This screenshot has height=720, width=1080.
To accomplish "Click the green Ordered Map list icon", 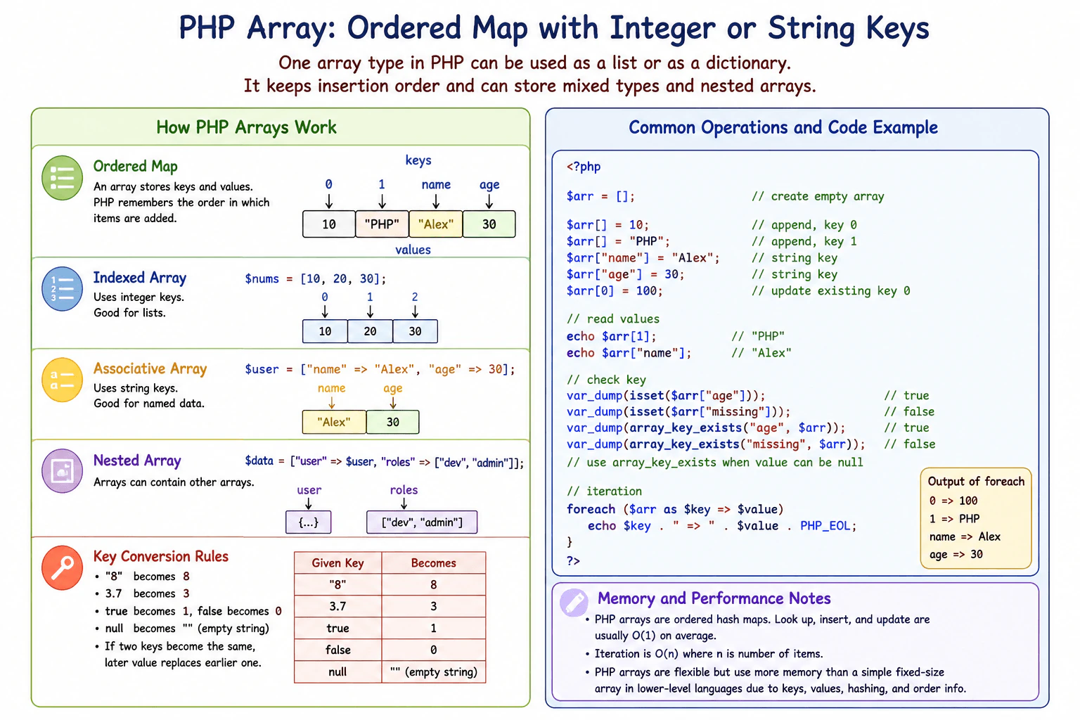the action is point(62,178).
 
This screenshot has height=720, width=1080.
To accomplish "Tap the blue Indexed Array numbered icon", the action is point(62,289).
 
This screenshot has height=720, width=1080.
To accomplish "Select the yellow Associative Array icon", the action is point(62,380).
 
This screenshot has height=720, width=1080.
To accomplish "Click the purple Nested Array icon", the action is point(62,471).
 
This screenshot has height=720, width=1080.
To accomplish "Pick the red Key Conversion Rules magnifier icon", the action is point(62,568).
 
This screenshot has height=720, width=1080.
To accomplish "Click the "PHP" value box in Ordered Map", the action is point(382,224).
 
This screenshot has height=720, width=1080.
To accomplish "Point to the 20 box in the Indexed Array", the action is point(370,331).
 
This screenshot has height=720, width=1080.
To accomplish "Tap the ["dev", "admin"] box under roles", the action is point(422,522).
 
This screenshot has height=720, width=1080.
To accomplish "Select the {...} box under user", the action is point(309,522).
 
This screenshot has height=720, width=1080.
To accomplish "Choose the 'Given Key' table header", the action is point(337,563).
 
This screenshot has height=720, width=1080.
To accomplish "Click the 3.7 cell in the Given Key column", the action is point(337,606).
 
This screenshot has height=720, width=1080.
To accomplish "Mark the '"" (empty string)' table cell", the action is point(433,671).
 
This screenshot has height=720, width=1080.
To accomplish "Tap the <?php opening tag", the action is point(584,167).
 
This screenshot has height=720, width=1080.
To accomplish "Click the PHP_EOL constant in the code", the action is point(825,526).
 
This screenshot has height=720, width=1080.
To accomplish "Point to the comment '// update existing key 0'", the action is point(830,291).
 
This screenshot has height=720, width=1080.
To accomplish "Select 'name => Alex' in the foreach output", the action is point(965,536).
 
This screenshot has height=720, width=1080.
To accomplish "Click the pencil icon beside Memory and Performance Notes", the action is point(574,603).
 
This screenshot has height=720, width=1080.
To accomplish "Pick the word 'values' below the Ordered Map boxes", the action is point(413,250).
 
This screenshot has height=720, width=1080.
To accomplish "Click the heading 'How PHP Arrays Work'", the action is point(246,127).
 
